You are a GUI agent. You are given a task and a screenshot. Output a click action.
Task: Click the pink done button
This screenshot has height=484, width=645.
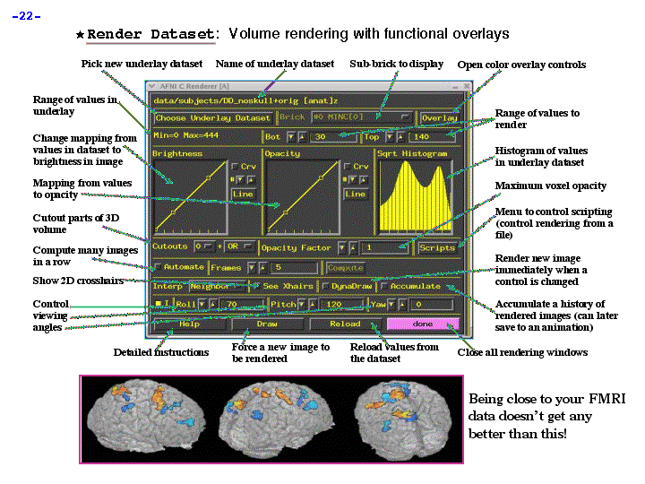pos(423,324)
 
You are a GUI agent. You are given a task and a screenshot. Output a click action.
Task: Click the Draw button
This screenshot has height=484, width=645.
pos(267,324)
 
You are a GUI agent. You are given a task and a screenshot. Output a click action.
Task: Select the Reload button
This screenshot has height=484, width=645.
pos(345,324)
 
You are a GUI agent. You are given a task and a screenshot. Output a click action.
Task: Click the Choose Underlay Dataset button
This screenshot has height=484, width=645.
pos(212,117)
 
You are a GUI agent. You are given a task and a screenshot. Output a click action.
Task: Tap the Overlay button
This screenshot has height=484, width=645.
pos(439,117)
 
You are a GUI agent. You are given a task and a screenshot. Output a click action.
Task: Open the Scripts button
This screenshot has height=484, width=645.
pos(437,247)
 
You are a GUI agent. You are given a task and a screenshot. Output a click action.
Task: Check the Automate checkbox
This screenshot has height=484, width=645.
pos(159,267)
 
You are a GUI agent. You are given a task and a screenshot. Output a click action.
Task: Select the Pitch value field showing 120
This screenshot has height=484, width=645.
pos(341,305)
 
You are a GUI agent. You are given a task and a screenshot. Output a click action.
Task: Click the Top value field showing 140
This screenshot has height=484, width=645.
pos(431,137)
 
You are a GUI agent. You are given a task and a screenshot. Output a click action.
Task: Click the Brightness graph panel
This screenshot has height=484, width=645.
pos(188,197)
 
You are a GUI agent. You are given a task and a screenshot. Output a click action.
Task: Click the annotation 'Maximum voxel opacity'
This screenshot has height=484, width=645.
pos(550,186)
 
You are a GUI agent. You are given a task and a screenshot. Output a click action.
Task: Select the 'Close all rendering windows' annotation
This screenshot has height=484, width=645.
pos(522,352)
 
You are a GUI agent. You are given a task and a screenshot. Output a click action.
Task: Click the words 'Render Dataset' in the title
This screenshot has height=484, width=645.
pos(150,34)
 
